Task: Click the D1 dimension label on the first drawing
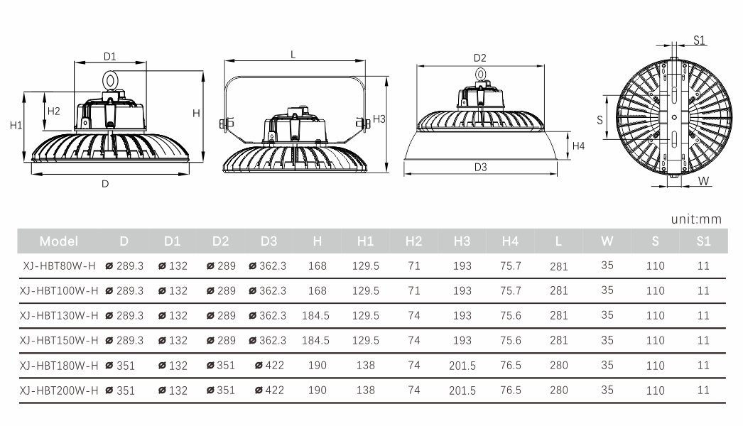click(x=109, y=57)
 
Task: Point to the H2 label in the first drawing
click(x=53, y=111)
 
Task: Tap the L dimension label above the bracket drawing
click(x=293, y=55)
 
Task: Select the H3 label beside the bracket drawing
click(x=379, y=119)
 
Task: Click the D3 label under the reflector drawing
click(x=480, y=168)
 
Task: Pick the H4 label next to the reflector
click(x=579, y=146)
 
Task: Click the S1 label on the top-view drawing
click(x=700, y=40)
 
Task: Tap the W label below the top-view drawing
click(x=704, y=181)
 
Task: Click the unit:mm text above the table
click(x=696, y=219)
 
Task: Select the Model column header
click(x=59, y=241)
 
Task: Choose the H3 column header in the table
click(x=462, y=241)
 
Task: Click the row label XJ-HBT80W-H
click(x=59, y=266)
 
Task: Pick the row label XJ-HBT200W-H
click(x=59, y=390)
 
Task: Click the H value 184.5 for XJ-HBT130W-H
click(x=315, y=315)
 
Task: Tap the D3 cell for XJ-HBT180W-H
click(x=269, y=366)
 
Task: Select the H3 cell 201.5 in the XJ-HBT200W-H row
click(x=462, y=390)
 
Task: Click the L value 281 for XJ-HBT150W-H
click(x=559, y=340)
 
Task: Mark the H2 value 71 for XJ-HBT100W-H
click(x=414, y=290)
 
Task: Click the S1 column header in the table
click(x=704, y=241)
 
